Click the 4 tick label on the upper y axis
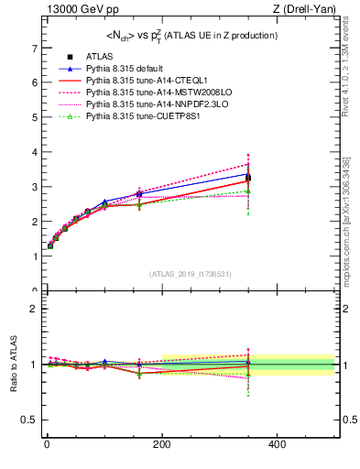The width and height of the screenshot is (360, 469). pos(34,152)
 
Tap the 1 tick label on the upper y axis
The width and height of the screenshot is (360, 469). pos(34,256)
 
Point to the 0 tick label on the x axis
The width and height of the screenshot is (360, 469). pos(47,444)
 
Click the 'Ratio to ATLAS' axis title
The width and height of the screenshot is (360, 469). pos(12,365)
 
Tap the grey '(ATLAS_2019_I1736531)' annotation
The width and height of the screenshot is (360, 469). pos(190,274)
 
